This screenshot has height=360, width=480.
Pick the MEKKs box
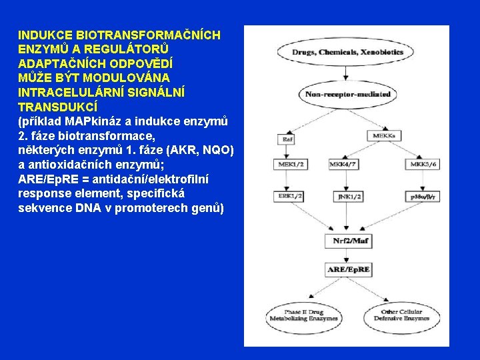tap(383, 136)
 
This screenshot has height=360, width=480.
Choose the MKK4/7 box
tap(343, 164)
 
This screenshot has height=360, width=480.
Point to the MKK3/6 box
tap(424, 164)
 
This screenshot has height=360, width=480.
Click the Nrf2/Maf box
tap(347, 240)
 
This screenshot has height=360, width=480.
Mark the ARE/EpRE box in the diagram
tap(348, 270)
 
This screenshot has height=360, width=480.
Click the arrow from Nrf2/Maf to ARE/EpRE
tap(347, 255)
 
